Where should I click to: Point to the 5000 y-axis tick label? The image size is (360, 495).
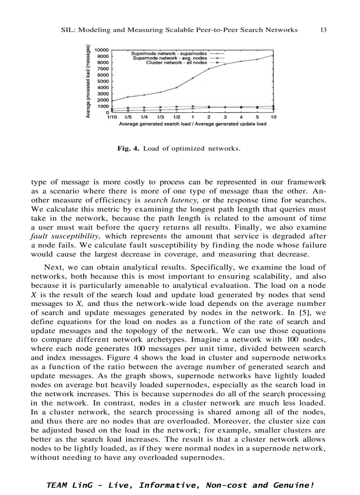tap(103, 81)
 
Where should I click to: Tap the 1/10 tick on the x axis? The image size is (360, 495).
tap(112, 117)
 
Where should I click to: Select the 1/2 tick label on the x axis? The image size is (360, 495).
tap(176, 117)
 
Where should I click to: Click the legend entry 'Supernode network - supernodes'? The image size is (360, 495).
tap(166, 53)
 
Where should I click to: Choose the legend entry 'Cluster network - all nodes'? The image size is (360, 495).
tap(176, 63)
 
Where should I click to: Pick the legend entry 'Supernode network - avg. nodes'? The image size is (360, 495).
tap(170, 58)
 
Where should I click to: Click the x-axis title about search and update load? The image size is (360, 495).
tap(192, 124)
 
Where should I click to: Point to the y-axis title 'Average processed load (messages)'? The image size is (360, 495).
tap(89, 82)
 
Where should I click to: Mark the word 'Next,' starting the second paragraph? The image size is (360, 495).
tap(53, 268)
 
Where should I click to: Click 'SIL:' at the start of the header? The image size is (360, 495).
tap(67, 30)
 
